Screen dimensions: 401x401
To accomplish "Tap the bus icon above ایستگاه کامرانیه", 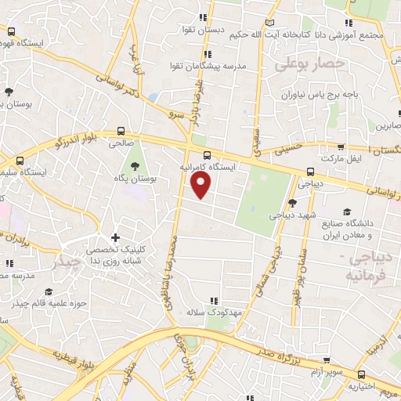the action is tap(206, 154).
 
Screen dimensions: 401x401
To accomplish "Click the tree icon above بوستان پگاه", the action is tap(135, 165).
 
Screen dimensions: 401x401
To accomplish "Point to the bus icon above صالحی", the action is tap(121, 132).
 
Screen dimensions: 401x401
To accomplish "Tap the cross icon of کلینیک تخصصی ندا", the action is tap(116, 237).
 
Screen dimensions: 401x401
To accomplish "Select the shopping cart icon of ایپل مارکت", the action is tap(340, 146).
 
